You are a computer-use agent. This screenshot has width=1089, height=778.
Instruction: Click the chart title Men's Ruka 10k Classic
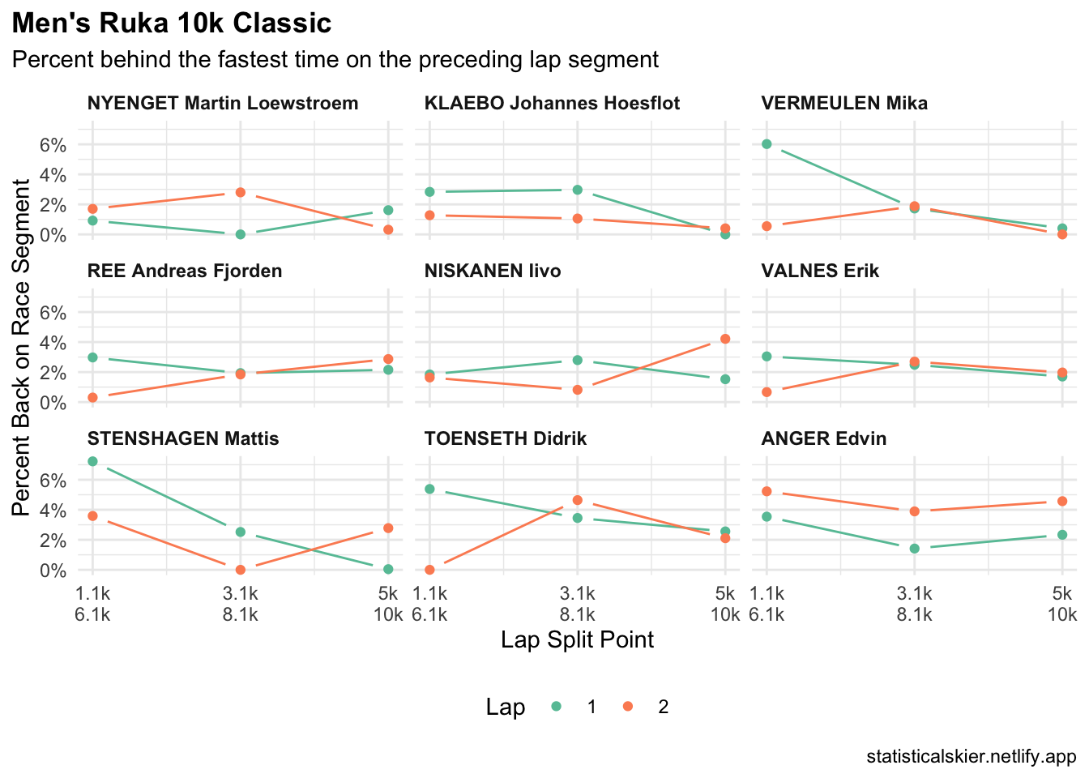click(172, 24)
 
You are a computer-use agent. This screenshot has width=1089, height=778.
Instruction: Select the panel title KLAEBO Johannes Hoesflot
click(552, 103)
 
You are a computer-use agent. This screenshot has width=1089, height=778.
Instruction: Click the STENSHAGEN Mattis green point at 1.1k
click(92, 461)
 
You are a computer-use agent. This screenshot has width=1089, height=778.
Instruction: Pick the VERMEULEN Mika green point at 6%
click(767, 144)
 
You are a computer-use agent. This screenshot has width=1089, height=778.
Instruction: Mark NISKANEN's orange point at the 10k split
click(725, 339)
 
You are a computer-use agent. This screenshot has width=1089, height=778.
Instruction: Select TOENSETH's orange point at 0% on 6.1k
click(429, 570)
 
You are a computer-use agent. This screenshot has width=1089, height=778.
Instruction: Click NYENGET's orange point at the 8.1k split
click(240, 192)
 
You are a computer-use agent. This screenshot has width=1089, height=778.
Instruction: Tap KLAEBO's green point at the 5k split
click(725, 234)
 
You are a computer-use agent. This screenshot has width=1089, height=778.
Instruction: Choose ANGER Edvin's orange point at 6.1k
click(767, 491)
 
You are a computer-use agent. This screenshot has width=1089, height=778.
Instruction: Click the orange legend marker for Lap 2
click(628, 707)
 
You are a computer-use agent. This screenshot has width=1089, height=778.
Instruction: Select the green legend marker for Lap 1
click(556, 707)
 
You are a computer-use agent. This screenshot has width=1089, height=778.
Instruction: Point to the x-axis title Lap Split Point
click(577, 639)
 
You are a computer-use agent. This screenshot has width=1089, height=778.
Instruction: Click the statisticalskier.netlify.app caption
click(971, 757)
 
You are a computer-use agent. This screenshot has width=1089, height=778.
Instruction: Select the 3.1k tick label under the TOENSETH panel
click(577, 593)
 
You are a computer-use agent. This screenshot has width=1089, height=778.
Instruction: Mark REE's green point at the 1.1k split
click(92, 357)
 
